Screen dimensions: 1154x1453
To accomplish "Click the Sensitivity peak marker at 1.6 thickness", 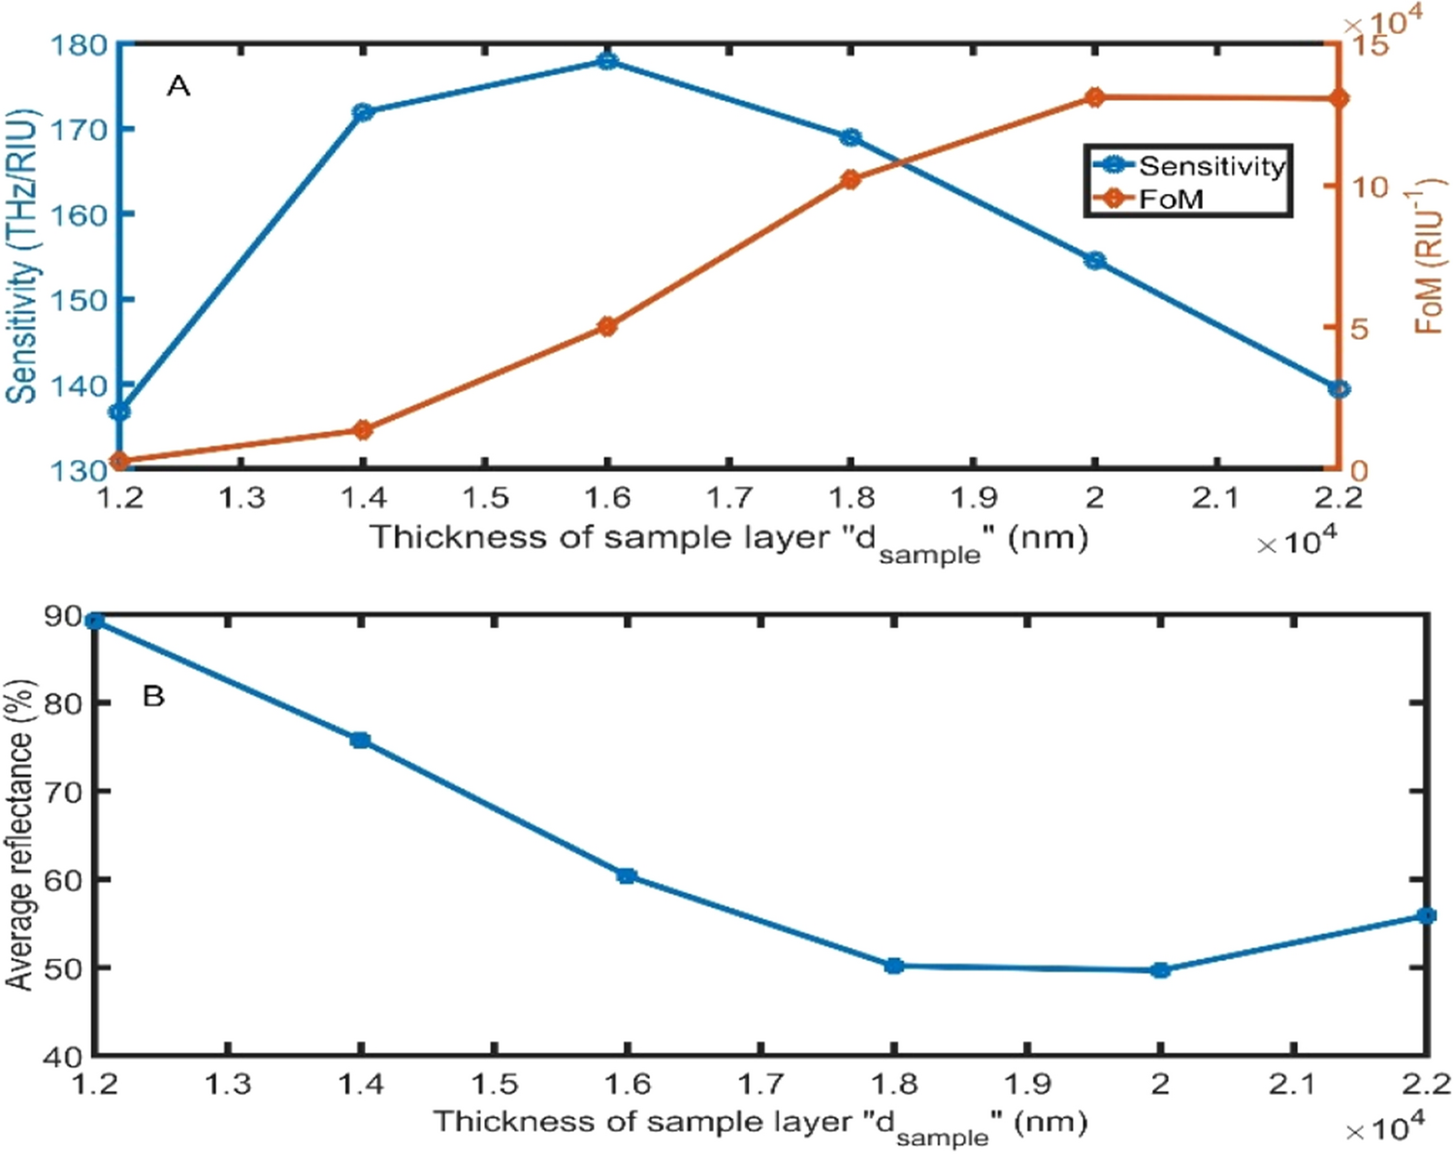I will click(x=607, y=61).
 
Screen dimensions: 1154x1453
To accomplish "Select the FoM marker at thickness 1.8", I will click(x=851, y=180).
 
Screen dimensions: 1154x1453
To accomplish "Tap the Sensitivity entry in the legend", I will click(x=1211, y=166).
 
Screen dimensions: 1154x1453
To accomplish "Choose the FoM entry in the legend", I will click(x=1171, y=199).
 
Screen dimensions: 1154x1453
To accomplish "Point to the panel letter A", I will click(x=178, y=87).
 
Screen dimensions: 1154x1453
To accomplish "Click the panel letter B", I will click(x=153, y=696).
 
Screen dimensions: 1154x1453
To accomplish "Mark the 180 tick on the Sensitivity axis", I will click(x=81, y=45).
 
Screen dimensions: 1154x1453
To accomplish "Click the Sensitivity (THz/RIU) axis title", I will click(x=23, y=256).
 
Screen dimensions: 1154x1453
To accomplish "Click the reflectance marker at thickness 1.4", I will click(x=360, y=741).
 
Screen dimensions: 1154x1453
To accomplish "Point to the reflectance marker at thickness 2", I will click(x=1160, y=970).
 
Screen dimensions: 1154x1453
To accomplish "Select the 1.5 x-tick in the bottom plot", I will click(x=494, y=1083).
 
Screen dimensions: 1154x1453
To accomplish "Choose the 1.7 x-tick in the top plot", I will click(x=728, y=499).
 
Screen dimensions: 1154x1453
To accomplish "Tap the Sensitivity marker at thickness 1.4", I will click(x=364, y=113).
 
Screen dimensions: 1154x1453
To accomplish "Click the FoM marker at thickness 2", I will click(x=1095, y=97).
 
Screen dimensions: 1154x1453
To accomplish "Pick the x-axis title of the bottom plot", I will click(x=759, y=1124).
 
